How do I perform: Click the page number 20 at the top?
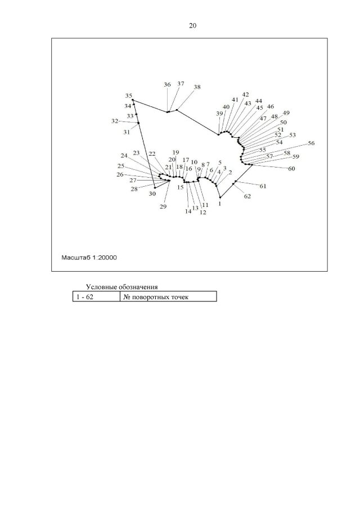[x=192, y=25]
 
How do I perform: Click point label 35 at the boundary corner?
[x=129, y=96]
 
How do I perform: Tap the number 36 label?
[x=167, y=85]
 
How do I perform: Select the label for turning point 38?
[x=197, y=87]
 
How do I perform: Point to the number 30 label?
[x=152, y=193]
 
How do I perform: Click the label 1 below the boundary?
[x=219, y=205]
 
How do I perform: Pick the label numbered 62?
[x=247, y=196]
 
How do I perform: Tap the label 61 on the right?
[x=263, y=186]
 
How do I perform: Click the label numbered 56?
[x=311, y=143]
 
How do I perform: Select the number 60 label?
[x=291, y=169]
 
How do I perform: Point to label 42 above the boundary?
[x=245, y=94]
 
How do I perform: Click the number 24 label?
[x=124, y=156]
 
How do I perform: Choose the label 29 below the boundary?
[x=163, y=207]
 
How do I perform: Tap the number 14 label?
[x=188, y=211]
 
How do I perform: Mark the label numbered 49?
[x=286, y=113]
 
